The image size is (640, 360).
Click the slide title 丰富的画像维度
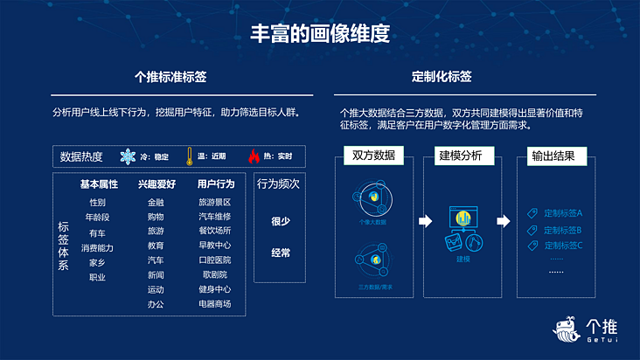click(x=319, y=35)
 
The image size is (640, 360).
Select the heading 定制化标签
click(x=442, y=77)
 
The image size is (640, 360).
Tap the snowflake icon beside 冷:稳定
click(x=129, y=157)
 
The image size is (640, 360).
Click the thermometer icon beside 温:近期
click(x=188, y=157)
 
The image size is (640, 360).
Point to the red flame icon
click(x=254, y=157)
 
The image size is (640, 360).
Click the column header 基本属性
click(x=99, y=184)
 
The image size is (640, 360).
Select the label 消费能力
click(x=97, y=247)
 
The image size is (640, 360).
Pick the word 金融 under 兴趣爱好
click(x=156, y=202)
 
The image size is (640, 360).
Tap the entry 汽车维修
click(x=215, y=217)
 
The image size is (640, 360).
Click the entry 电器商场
click(x=215, y=304)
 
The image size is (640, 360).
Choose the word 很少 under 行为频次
click(x=280, y=221)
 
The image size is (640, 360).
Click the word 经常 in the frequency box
click(x=280, y=253)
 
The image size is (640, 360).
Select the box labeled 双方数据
click(x=374, y=156)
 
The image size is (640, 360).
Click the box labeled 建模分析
click(x=460, y=156)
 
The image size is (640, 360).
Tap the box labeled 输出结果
click(x=553, y=156)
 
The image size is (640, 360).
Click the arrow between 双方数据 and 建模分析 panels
click(x=426, y=221)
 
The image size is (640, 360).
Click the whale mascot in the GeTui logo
click(x=569, y=331)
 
